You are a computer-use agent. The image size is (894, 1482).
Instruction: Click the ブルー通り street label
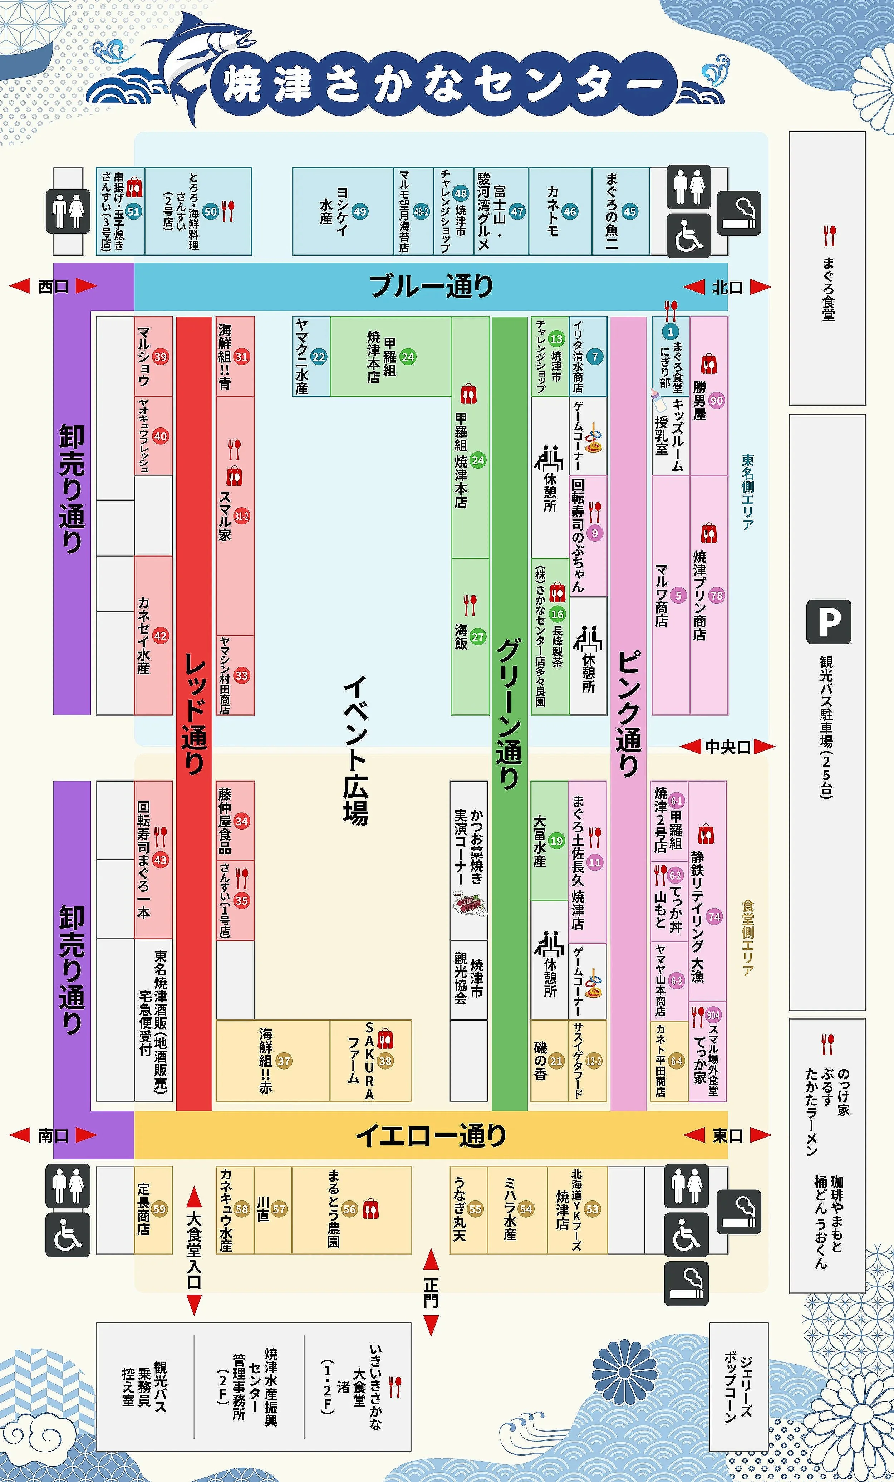431,286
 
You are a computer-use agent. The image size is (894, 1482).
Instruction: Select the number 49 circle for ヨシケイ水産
359,212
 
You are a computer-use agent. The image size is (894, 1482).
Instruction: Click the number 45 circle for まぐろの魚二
629,212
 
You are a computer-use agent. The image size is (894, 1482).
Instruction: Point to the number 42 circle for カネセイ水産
160,636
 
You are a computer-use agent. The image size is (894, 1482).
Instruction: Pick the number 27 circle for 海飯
478,637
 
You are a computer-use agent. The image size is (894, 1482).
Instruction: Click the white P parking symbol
829,621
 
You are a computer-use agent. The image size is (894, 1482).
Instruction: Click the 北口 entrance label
727,288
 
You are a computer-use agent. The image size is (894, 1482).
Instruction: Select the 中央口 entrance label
727,747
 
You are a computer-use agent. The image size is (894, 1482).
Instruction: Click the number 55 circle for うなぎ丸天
475,1209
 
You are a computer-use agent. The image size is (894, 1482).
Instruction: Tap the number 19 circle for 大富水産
557,841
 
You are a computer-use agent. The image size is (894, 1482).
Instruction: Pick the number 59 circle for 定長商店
159,1209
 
